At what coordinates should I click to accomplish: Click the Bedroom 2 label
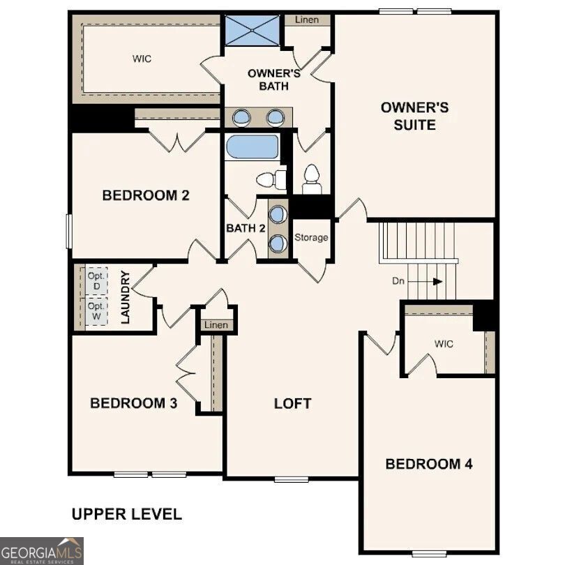(146, 195)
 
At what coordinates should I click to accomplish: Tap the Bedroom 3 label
(133, 403)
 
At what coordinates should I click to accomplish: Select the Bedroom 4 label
(428, 464)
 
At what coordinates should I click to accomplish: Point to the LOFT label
(292, 403)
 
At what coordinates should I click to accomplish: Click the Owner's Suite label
(414, 116)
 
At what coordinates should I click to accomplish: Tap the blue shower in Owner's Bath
(251, 31)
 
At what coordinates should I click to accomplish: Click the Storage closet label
(310, 238)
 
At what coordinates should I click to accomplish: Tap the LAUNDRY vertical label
(127, 298)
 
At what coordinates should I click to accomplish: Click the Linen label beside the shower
(306, 20)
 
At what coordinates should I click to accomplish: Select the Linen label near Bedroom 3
(216, 326)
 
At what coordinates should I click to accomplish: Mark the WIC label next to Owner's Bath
(142, 59)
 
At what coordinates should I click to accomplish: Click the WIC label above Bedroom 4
(444, 344)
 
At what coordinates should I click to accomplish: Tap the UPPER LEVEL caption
(127, 515)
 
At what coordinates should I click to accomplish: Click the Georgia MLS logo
(42, 550)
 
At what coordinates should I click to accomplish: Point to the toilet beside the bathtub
(271, 180)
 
